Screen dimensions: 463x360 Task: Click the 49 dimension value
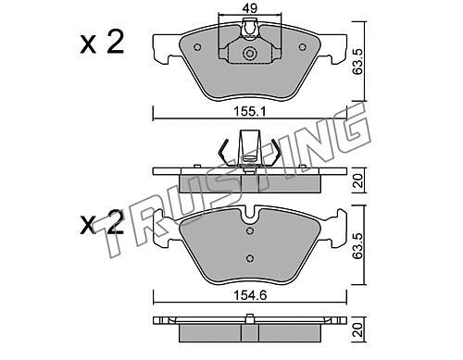tap(249, 8)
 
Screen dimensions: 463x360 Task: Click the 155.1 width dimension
tap(250, 112)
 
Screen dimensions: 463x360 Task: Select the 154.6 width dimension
tap(250, 295)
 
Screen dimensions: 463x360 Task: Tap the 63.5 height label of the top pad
tap(358, 61)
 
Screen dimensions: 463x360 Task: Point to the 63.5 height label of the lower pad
tap(358, 245)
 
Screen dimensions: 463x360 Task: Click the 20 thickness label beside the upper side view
tap(358, 181)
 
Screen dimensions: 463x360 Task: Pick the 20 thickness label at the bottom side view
tap(358, 329)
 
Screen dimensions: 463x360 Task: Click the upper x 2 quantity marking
tap(102, 43)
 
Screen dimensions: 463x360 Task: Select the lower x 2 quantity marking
tap(102, 222)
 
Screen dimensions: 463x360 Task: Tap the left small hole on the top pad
tap(197, 47)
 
